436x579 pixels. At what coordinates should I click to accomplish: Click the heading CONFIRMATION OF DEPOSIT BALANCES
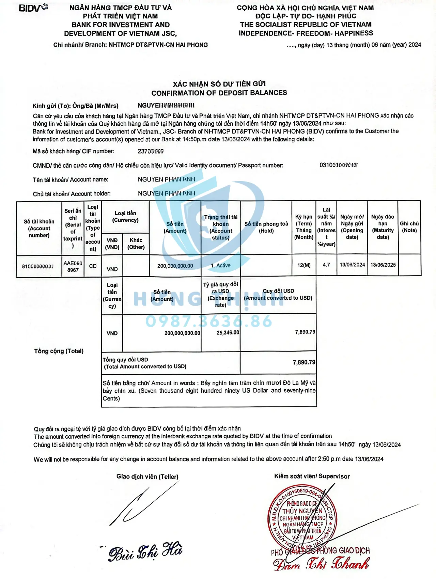point(219,93)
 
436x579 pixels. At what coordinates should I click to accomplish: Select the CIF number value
point(151,151)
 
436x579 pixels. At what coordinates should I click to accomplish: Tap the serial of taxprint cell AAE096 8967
point(73,266)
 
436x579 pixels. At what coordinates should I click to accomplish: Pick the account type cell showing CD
point(93,266)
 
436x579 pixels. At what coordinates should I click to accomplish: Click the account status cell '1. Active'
point(221,266)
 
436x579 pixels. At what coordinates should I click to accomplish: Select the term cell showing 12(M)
point(303,265)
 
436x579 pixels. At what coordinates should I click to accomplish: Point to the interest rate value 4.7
point(326,265)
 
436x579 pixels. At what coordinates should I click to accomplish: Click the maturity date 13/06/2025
point(383,265)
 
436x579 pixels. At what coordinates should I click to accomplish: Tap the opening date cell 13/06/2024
point(352,265)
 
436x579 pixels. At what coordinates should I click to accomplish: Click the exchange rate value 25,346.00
point(228,332)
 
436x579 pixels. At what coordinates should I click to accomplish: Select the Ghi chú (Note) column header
point(409,227)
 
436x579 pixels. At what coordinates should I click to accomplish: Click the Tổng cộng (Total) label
point(59,351)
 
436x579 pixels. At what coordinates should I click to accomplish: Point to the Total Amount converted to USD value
point(304,362)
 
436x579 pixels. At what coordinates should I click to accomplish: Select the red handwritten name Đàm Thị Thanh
point(321,564)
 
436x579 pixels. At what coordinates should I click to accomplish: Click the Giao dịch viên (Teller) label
point(147,477)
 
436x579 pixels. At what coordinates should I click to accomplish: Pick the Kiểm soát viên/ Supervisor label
point(312,476)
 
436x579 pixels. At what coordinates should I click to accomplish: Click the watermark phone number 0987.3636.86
point(209,321)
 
